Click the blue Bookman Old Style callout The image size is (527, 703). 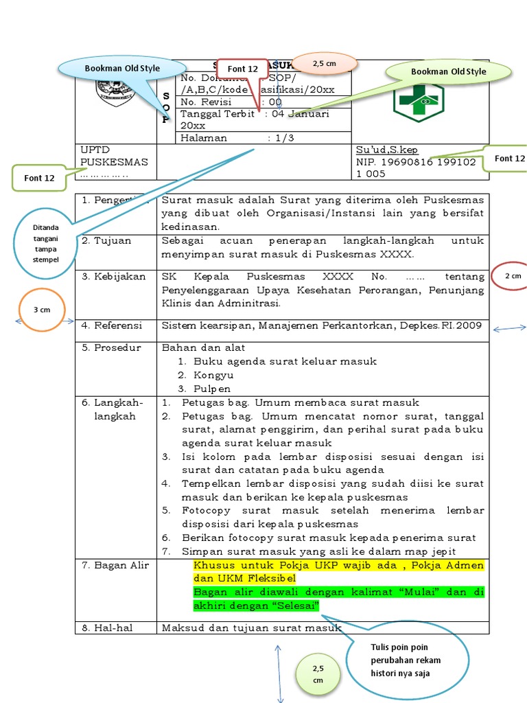point(121,68)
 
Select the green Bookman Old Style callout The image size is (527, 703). point(448,71)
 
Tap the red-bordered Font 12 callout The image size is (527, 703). point(242,69)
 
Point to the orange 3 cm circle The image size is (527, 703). point(42,310)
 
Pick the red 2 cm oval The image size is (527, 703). point(513,276)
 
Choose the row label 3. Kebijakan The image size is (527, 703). point(115,277)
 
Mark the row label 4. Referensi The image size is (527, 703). point(113,325)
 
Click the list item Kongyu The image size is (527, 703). point(213,375)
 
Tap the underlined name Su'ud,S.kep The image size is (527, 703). point(386,150)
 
